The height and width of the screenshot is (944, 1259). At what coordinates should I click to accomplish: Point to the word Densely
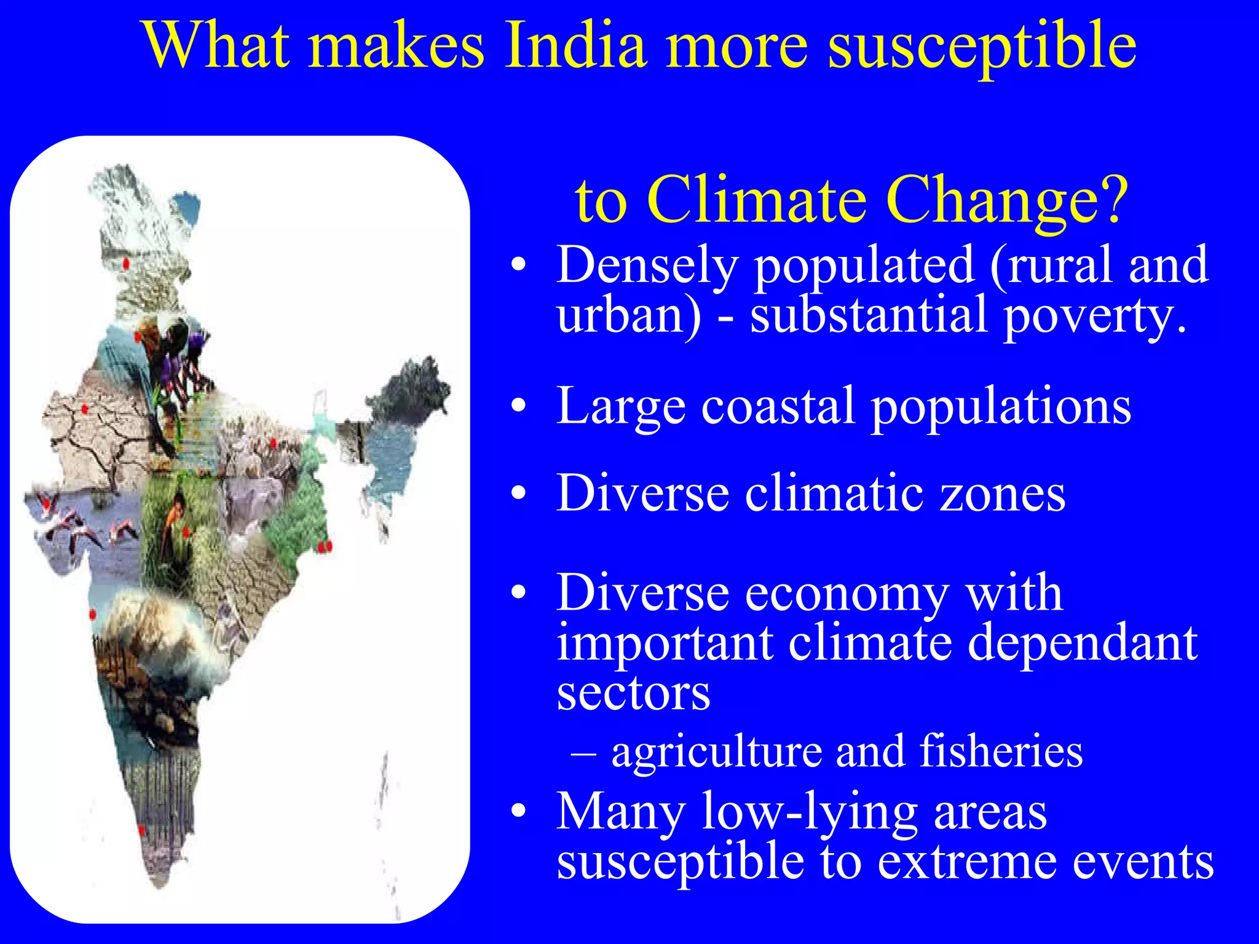coord(647,265)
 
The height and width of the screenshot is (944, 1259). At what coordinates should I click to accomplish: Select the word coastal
coord(779,406)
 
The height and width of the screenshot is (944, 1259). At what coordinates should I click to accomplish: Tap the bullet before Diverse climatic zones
coord(519,494)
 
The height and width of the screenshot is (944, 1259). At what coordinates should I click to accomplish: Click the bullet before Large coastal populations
coord(519,406)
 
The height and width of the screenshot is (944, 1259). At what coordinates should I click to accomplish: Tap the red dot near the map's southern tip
coord(141,830)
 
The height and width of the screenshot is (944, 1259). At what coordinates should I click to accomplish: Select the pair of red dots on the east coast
coord(325,546)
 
